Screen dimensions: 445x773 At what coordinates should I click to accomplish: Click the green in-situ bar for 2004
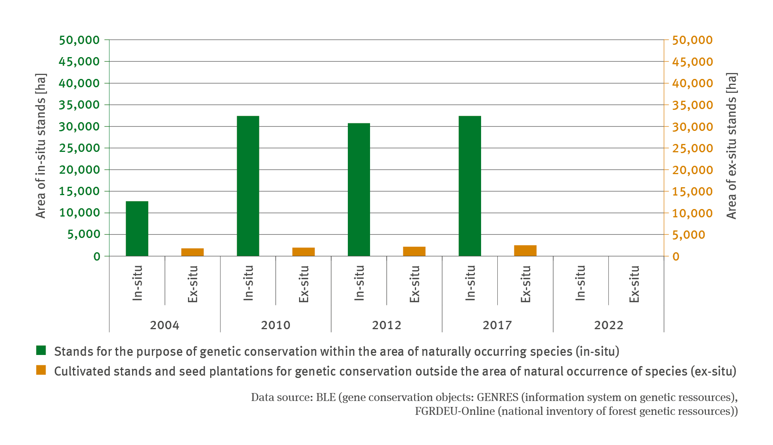[137, 228]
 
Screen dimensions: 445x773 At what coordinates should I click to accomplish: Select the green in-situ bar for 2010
[248, 186]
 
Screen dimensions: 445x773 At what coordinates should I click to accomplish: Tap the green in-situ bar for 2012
[359, 190]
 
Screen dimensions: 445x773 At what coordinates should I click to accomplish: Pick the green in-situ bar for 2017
[470, 186]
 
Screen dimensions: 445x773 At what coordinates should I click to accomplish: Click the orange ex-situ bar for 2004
[192, 252]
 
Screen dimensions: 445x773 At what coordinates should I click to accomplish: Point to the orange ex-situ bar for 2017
[525, 251]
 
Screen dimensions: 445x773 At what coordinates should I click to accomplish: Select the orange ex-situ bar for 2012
[414, 251]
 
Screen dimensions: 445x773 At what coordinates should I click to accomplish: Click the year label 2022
[608, 325]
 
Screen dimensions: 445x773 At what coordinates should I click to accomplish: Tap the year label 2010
[276, 325]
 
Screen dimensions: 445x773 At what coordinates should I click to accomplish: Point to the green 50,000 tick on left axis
[79, 40]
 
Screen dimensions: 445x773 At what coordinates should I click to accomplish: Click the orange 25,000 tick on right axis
[692, 148]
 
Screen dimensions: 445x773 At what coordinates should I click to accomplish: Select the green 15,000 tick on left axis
[79, 191]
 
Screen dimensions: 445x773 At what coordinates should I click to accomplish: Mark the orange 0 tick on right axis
[676, 257]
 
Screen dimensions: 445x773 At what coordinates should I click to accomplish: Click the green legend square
[41, 351]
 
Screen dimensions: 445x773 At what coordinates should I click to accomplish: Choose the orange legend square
[41, 370]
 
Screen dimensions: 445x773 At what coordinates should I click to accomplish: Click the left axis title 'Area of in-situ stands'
[41, 146]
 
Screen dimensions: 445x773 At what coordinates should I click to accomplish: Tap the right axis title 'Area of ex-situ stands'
[731, 146]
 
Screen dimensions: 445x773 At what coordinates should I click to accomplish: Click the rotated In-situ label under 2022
[580, 283]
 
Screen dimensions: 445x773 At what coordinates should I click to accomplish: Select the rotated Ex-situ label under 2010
[303, 284]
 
